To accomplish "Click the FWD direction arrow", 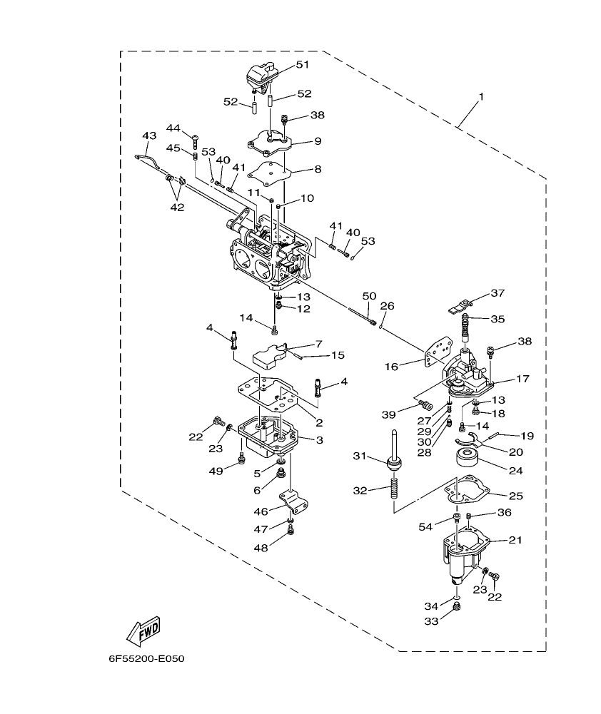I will (x=143, y=629).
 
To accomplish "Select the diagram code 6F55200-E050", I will (x=146, y=658).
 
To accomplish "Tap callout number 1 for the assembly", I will (x=480, y=96).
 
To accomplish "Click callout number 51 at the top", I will (x=302, y=65).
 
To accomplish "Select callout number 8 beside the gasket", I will (x=318, y=170).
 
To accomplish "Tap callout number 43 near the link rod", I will (x=148, y=135).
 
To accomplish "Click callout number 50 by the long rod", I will (x=369, y=295).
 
